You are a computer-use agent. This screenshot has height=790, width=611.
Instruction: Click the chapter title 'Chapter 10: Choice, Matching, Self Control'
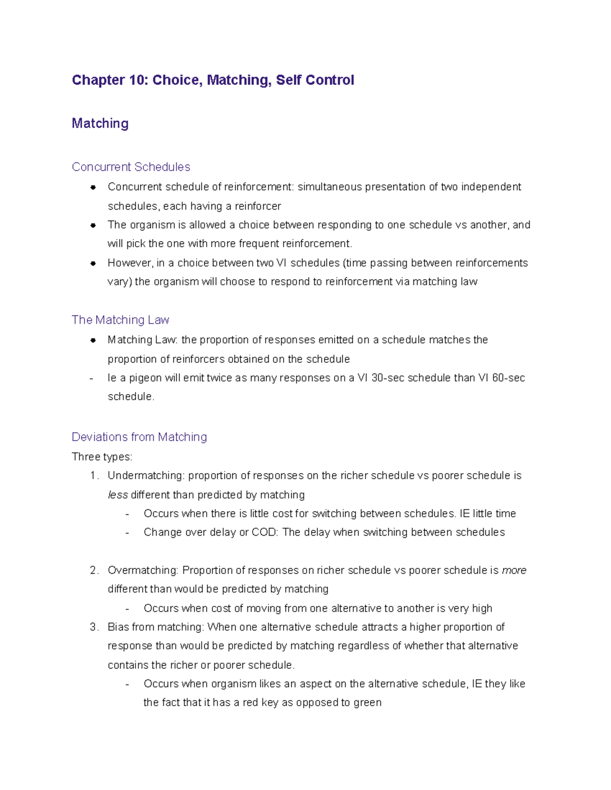(x=213, y=80)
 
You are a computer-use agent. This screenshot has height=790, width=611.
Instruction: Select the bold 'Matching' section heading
(x=100, y=124)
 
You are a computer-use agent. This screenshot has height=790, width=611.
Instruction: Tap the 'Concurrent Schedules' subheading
(x=131, y=167)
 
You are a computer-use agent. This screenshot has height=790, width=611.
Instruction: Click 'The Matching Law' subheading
(x=120, y=320)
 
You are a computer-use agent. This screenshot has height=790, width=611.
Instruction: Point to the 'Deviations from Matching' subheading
(x=139, y=437)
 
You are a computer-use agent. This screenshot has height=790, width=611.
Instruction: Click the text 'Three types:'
(x=102, y=457)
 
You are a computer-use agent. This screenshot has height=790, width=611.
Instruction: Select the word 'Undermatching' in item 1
(x=146, y=476)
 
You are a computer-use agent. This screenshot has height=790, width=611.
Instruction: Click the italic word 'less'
(x=118, y=495)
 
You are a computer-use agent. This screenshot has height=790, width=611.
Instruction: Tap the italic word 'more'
(x=514, y=570)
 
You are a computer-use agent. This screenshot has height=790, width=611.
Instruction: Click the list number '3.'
(x=94, y=627)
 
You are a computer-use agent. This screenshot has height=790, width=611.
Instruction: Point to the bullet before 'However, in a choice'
(x=93, y=264)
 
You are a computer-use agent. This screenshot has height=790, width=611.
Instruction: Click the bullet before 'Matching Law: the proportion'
(x=93, y=340)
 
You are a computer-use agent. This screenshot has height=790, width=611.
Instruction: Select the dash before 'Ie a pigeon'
(x=91, y=378)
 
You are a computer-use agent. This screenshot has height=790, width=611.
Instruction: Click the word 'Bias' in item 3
(x=118, y=627)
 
